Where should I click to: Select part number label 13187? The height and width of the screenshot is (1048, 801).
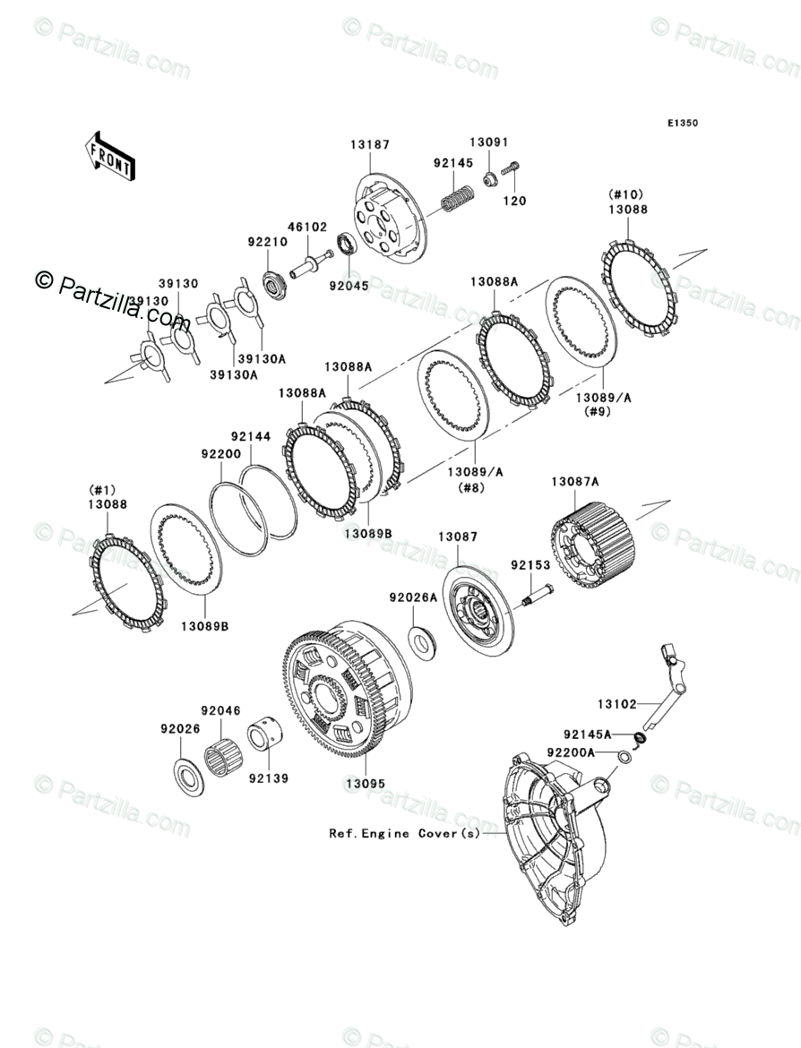pos(369,145)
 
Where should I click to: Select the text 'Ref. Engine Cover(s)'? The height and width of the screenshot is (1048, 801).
pos(405,833)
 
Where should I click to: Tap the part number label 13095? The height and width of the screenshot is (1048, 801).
pos(366,783)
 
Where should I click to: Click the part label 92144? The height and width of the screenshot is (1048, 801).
pos(250,436)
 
